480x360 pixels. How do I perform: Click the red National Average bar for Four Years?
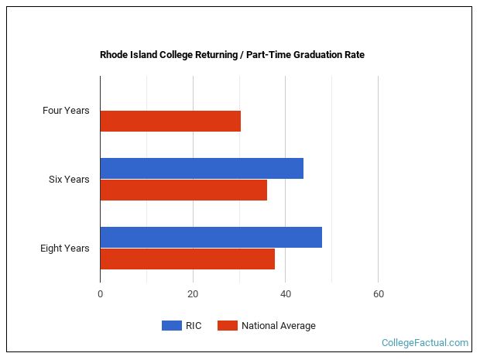[170, 122]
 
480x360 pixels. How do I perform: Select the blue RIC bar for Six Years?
[201, 168]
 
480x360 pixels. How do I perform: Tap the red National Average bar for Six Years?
[183, 190]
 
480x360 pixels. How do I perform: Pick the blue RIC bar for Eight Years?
[211, 237]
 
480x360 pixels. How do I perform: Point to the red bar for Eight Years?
[187, 259]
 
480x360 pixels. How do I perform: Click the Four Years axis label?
[66, 111]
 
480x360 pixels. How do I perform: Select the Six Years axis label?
[69, 180]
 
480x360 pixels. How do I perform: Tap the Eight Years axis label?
[65, 249]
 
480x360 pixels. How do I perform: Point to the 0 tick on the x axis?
[100, 294]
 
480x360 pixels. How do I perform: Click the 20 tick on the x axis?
[193, 294]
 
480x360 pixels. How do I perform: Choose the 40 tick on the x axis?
[285, 294]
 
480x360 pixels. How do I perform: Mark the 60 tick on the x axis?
[378, 294]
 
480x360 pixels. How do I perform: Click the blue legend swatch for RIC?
[171, 326]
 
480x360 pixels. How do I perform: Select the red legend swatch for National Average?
[227, 326]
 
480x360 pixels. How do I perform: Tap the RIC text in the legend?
[194, 326]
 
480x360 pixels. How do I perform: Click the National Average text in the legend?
[279, 326]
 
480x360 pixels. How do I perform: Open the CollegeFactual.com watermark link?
[425, 342]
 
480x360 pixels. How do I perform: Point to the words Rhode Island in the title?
[128, 55]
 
